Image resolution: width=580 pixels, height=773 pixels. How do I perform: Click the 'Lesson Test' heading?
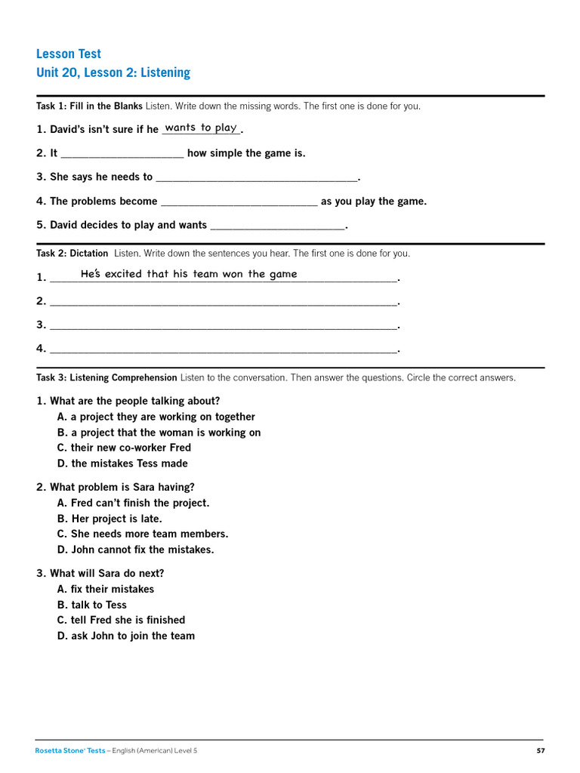tap(69, 54)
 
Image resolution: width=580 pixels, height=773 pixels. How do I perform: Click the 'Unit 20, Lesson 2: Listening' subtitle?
tap(113, 72)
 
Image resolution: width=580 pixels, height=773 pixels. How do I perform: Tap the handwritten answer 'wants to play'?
tap(201, 128)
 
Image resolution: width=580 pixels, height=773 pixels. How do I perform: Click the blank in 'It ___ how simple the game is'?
tap(122, 154)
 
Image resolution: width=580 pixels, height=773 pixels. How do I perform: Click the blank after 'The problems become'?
tap(239, 202)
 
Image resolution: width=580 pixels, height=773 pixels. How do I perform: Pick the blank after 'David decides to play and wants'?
tap(277, 226)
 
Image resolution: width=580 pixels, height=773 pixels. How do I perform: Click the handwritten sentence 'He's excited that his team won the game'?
tap(189, 274)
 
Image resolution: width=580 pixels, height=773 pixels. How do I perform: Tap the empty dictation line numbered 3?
tap(223, 325)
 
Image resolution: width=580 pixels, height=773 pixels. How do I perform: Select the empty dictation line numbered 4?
tap(223, 350)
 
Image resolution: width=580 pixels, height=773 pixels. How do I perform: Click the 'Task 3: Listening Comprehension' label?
tap(106, 377)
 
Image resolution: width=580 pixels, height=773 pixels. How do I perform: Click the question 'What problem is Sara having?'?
tap(122, 487)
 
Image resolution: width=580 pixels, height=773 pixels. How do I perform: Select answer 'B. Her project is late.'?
tap(110, 519)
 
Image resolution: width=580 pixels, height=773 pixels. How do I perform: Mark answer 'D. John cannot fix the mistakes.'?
tap(135, 550)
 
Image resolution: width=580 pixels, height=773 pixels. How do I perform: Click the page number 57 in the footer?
tap(540, 750)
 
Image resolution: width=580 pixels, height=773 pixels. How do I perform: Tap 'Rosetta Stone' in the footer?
tap(58, 750)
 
